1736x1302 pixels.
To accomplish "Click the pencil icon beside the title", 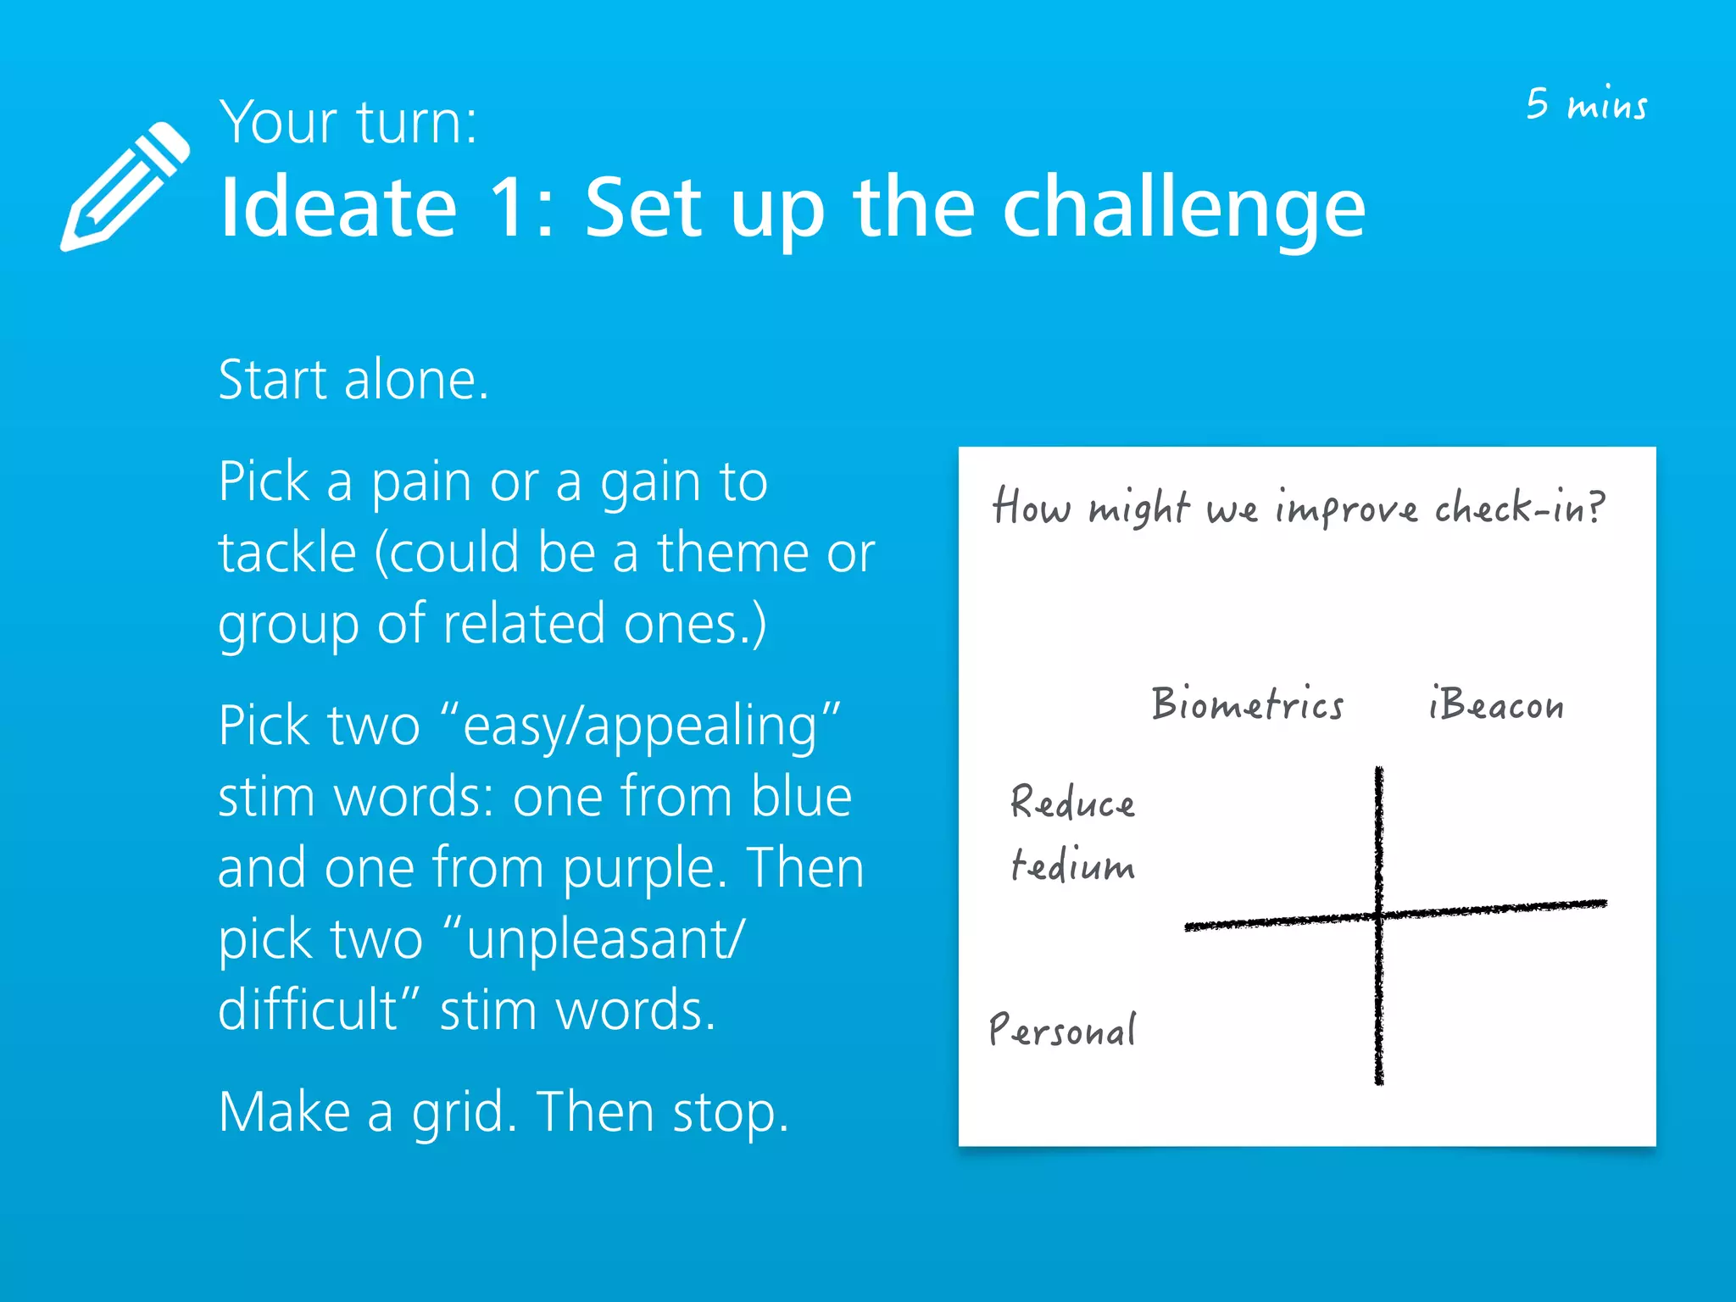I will [x=125, y=187].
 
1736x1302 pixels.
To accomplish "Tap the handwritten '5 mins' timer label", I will [x=1586, y=104].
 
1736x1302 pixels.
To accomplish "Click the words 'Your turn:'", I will [x=348, y=123].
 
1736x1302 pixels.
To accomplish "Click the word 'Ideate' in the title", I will [x=338, y=208].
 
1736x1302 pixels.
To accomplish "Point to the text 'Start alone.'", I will [x=353, y=379].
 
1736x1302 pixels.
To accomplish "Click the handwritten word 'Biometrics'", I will [x=1247, y=704].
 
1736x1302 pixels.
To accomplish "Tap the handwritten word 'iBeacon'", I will [x=1495, y=704].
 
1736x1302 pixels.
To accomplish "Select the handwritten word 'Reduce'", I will [x=1072, y=802].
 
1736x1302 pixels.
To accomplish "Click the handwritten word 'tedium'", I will [x=1072, y=865].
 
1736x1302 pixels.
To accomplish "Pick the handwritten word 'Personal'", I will [x=1062, y=1030].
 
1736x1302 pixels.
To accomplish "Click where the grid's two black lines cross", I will [x=1379, y=915].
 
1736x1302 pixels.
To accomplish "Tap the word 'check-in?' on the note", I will [x=1519, y=508].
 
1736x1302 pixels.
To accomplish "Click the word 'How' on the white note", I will [x=1032, y=507].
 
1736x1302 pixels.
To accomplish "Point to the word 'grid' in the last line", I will [x=463, y=1114].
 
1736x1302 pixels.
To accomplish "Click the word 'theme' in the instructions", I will [x=732, y=553].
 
